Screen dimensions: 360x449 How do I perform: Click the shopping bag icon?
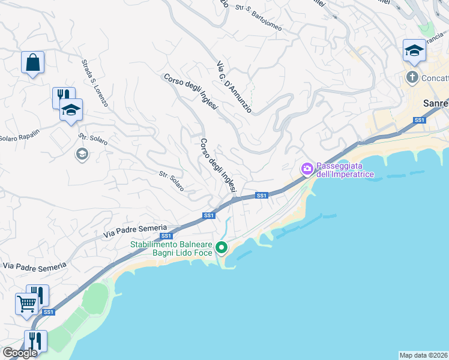pos(32,62)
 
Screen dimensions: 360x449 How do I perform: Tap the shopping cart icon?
pos(26,304)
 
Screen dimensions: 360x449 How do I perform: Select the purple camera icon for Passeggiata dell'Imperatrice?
pos(307,169)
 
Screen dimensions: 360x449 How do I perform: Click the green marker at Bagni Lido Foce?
pos(221,247)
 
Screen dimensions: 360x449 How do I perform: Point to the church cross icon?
pos(412,77)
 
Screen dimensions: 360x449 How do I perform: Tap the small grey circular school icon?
pos(81,155)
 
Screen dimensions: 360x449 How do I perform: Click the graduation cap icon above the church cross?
pos(414,51)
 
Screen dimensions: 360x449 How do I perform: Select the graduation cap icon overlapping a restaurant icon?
pos(71,110)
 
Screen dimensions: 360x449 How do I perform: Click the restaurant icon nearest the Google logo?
pos(35,341)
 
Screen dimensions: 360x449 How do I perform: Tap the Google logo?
pos(20,353)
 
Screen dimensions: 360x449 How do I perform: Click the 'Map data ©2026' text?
pos(424,355)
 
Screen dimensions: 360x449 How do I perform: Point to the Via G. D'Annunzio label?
pos(234,88)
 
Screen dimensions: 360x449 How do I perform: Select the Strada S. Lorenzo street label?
pos(95,82)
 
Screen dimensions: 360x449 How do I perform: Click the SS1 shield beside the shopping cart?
pos(49,312)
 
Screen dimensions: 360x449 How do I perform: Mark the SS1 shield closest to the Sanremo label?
pos(419,121)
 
